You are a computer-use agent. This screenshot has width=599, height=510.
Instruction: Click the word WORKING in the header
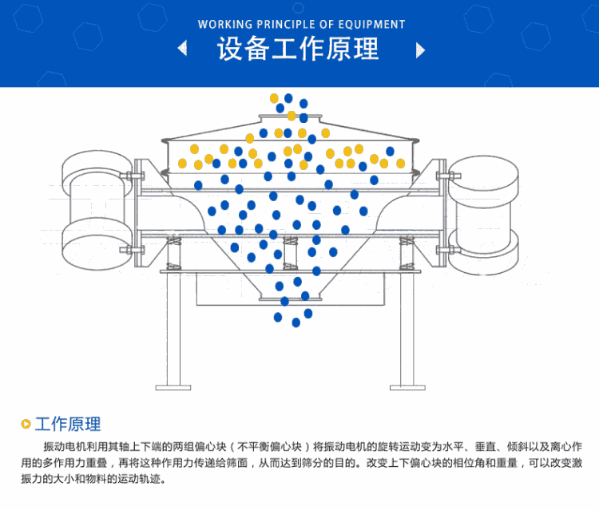click(x=224, y=25)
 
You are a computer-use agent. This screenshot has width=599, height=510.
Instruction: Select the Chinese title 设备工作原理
click(x=298, y=49)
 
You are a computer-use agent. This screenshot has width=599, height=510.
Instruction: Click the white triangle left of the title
click(x=183, y=49)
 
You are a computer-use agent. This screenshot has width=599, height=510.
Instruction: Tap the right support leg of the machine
click(x=407, y=327)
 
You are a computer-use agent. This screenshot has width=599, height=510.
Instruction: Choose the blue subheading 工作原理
click(x=68, y=425)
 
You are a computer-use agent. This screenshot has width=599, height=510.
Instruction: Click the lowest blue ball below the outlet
click(x=296, y=322)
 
